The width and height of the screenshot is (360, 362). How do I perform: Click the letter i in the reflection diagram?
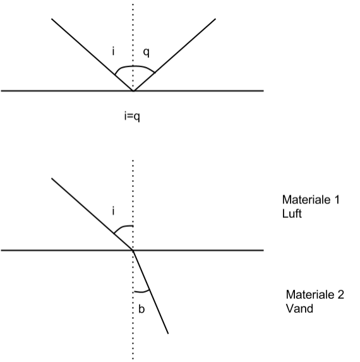click(113, 51)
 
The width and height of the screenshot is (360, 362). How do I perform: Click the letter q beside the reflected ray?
click(147, 52)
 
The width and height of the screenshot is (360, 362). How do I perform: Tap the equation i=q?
click(132, 116)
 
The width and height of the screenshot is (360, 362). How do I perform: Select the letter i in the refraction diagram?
click(113, 211)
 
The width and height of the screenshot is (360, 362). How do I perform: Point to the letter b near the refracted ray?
click(141, 309)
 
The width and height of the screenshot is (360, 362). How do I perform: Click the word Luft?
click(292, 214)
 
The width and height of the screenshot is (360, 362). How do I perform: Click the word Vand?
click(299, 308)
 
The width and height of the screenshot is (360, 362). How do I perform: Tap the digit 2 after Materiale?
click(340, 294)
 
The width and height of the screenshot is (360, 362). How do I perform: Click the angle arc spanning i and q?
click(133, 66)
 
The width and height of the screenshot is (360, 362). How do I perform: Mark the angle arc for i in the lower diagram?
click(122, 227)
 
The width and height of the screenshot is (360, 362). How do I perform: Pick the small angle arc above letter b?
click(142, 292)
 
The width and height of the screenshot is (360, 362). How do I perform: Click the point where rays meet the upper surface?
click(133, 91)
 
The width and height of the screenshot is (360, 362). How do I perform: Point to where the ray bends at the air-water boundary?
click(133, 250)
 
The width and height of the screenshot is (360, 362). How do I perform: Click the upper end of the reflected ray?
click(215, 19)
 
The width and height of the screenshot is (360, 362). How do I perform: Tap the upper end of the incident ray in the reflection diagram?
click(52, 19)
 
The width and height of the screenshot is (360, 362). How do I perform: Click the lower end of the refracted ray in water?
click(168, 334)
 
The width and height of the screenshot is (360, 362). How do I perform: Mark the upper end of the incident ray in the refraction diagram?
click(52, 178)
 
